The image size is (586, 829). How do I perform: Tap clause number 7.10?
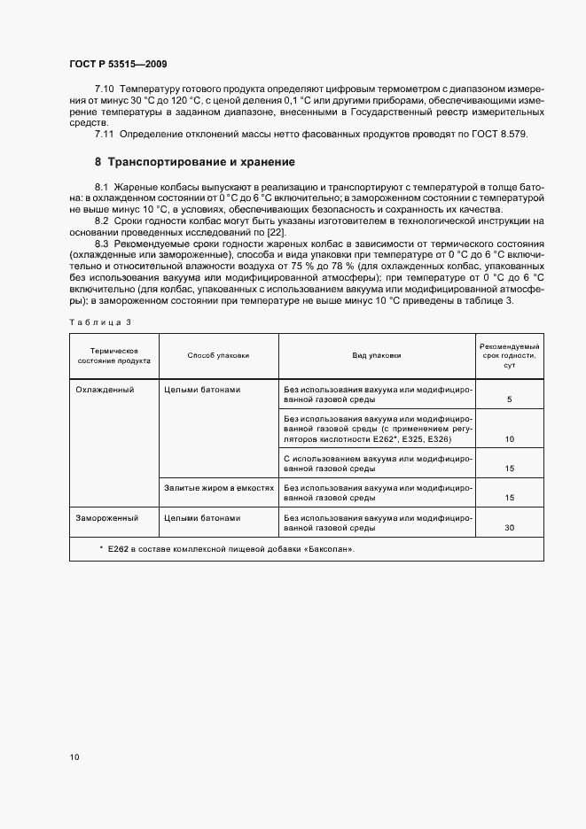[x=105, y=90]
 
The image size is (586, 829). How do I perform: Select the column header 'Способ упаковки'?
[x=218, y=355]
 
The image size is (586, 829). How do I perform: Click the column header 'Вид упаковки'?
[x=377, y=355]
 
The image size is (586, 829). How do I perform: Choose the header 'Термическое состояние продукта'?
[x=113, y=355]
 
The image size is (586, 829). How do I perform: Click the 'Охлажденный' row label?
[x=105, y=390]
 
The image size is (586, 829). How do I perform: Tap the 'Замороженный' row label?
[x=107, y=517]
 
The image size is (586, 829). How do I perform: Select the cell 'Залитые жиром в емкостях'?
[x=218, y=487]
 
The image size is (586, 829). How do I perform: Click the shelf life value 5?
[x=510, y=400]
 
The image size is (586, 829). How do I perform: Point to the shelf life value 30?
[x=510, y=528]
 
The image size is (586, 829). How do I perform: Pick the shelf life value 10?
[x=510, y=439]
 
